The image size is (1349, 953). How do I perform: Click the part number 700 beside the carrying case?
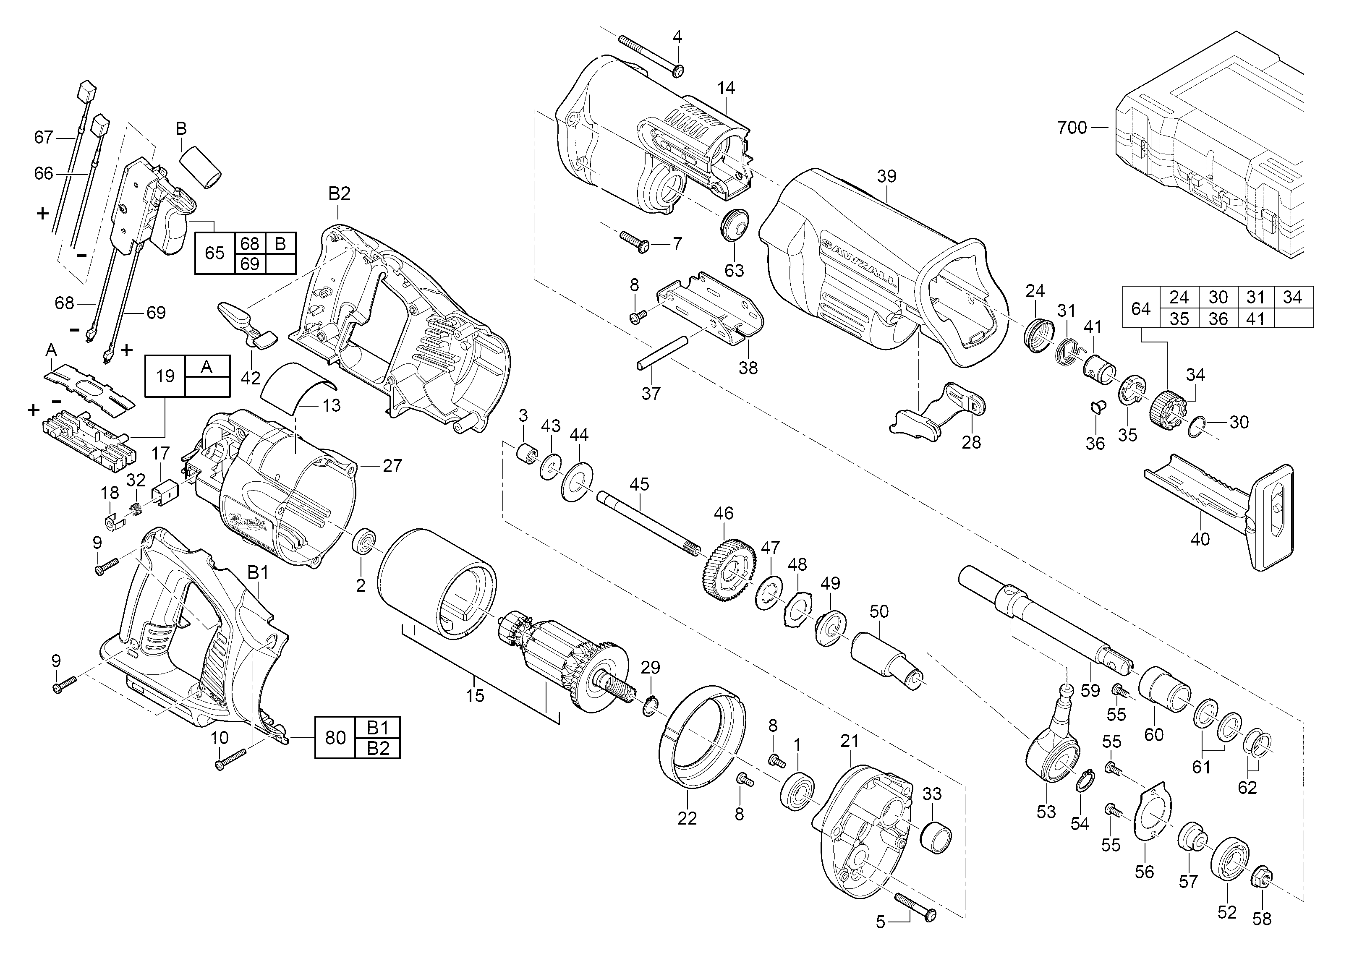[1072, 128]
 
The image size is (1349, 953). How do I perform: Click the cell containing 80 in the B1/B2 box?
[335, 737]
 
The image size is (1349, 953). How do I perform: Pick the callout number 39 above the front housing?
[886, 176]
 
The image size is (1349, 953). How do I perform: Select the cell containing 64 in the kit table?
[1141, 307]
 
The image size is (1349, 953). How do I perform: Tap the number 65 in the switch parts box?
[214, 253]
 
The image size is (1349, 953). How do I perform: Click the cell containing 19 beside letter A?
[165, 376]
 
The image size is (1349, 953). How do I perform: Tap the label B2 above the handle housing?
[339, 194]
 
